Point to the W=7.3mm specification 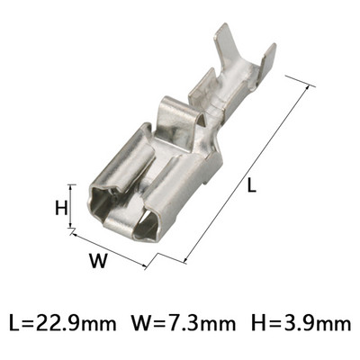pos(185,321)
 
